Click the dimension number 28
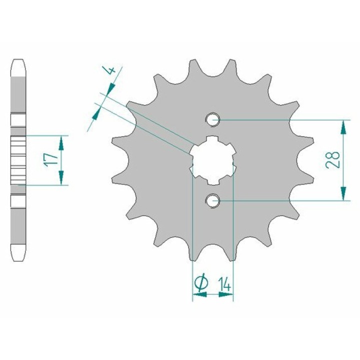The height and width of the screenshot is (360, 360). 333,160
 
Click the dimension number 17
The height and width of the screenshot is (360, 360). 51,160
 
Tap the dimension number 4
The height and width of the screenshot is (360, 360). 112,70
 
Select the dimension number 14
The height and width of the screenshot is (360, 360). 224,284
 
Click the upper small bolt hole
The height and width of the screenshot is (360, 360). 212,119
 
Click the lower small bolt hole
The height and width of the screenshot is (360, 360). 212,200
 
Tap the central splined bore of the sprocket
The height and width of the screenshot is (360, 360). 212,160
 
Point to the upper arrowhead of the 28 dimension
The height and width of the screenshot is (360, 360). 343,127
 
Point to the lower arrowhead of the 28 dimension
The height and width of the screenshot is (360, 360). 343,193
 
